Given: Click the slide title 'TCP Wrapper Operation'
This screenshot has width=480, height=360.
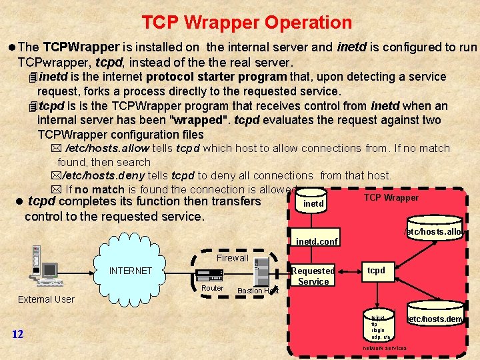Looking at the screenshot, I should click(x=247, y=23).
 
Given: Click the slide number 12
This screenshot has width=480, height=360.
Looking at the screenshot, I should click(x=18, y=334).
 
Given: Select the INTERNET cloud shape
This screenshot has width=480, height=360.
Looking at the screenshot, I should click(x=131, y=271).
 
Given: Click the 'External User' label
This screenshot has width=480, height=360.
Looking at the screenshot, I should click(x=46, y=299).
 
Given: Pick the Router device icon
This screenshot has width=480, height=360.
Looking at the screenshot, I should click(x=207, y=275).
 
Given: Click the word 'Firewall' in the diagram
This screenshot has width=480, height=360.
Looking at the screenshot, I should click(x=232, y=258).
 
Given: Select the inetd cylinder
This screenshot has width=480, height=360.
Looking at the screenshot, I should click(x=313, y=203).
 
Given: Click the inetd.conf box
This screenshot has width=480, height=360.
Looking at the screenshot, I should click(x=317, y=241).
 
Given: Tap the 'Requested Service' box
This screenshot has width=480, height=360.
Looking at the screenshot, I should click(x=313, y=276).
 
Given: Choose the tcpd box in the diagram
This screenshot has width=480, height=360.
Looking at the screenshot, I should click(x=377, y=271).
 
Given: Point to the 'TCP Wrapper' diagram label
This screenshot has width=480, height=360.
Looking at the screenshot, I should click(x=391, y=197).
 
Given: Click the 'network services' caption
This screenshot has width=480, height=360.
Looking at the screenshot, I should click(x=385, y=348).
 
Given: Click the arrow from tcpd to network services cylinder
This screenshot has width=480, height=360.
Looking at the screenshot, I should click(x=377, y=294).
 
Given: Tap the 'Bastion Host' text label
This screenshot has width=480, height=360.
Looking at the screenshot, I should click(x=257, y=291).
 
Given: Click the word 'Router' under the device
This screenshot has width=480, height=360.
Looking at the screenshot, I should click(x=212, y=288).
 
